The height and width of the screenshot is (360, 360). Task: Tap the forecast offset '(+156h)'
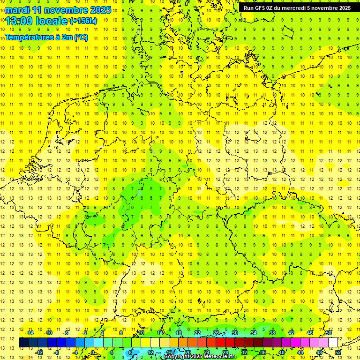(x=83, y=21)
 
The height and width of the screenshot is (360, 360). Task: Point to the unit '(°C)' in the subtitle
(x=81, y=37)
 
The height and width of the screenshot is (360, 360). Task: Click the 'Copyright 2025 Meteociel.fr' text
(x=199, y=357)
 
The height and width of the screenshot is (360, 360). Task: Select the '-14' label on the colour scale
(x=30, y=333)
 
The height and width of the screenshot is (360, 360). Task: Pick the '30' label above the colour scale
(x=235, y=333)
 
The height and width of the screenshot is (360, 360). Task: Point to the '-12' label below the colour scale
(x=39, y=352)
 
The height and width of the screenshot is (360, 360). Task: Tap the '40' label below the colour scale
(x=282, y=352)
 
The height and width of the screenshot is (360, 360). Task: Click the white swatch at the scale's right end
(x=333, y=343)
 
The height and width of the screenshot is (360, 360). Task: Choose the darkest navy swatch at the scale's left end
(x=23, y=343)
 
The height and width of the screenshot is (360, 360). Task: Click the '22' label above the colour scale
(x=197, y=333)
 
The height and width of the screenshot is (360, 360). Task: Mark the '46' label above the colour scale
(x=310, y=333)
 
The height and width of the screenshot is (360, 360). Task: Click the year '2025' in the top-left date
(x=100, y=10)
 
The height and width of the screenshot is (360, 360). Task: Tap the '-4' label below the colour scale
(x=75, y=352)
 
